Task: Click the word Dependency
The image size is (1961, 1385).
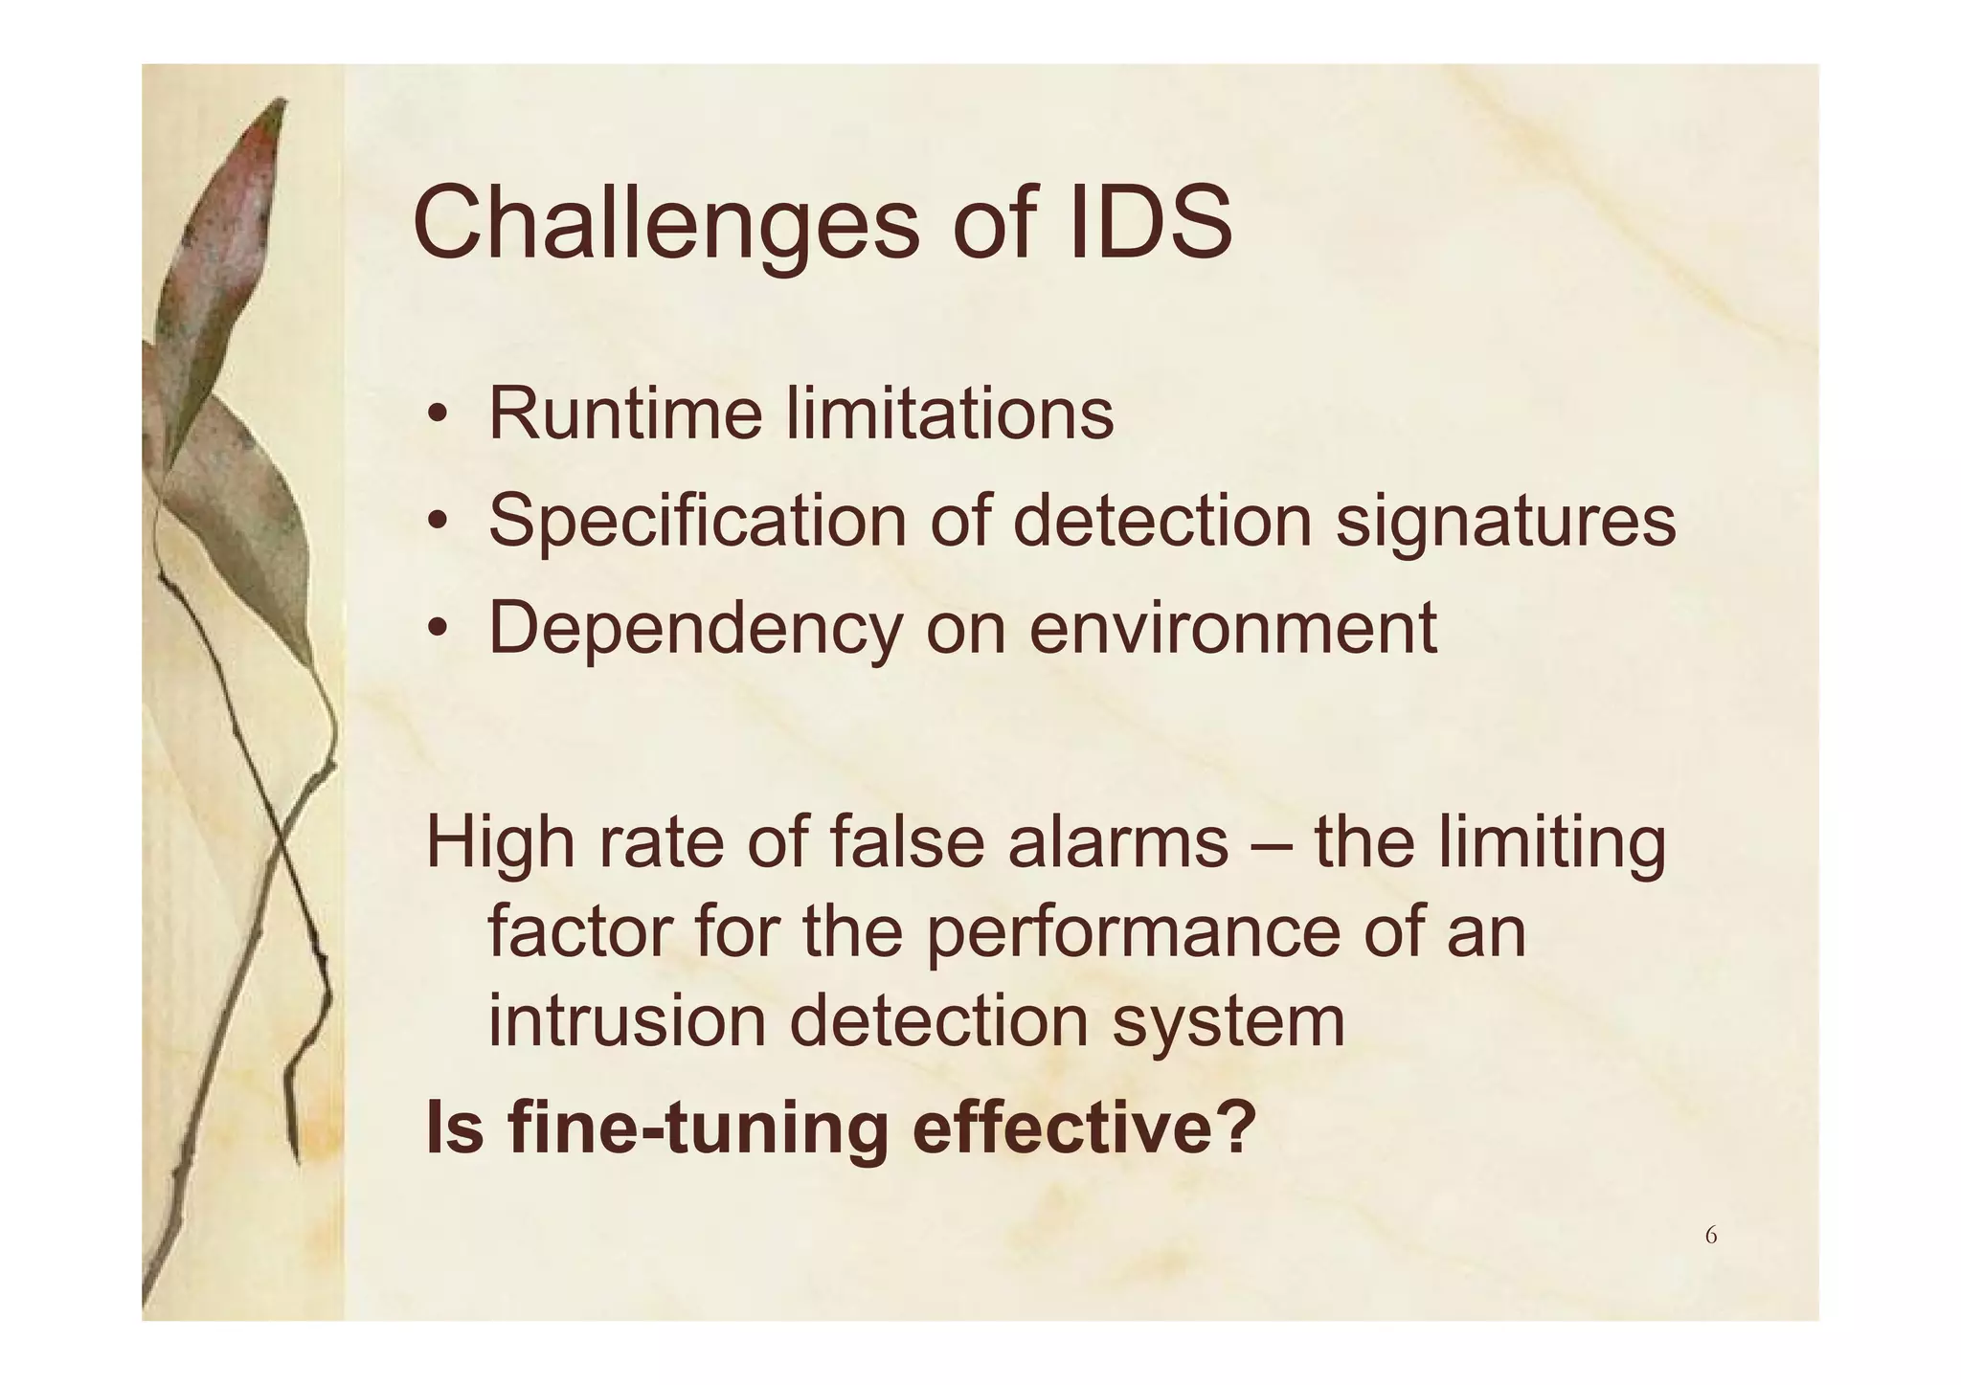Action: (695, 630)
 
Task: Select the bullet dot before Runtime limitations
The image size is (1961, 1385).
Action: (438, 416)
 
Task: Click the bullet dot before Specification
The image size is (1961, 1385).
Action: (438, 523)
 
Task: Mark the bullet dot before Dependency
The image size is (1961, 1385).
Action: (438, 630)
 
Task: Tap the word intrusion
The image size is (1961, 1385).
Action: (627, 1020)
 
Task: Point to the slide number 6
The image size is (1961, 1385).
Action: (1710, 1236)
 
